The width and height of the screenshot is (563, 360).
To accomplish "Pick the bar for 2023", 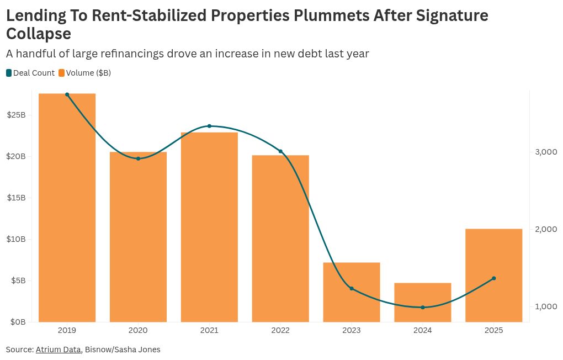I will coord(352,292).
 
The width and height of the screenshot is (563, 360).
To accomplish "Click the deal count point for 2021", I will coord(209,126).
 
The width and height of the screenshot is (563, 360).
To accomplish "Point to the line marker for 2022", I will coord(280,151).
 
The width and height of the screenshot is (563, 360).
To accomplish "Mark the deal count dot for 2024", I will coord(423,308).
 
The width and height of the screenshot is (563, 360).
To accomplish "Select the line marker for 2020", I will coord(138,158).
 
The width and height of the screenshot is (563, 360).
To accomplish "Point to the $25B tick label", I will coord(17,115).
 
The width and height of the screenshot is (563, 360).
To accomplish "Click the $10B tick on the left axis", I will coord(17,239).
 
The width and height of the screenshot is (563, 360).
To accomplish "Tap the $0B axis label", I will coord(18,322).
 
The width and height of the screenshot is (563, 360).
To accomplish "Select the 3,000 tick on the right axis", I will coord(545,152).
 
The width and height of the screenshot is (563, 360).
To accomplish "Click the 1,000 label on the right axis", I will coord(545,306).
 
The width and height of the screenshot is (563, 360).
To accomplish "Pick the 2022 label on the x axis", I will coord(280,331).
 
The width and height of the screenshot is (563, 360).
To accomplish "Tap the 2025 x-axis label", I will coord(493,331).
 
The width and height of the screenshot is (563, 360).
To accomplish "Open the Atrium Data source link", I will coord(58,350).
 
